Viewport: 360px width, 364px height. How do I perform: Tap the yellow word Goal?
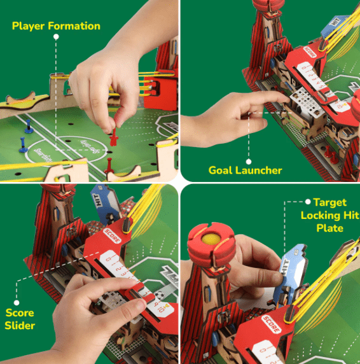(x=222, y=170)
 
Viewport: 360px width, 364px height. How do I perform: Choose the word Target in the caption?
(x=329, y=202)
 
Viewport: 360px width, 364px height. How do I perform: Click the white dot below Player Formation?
(x=56, y=38)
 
